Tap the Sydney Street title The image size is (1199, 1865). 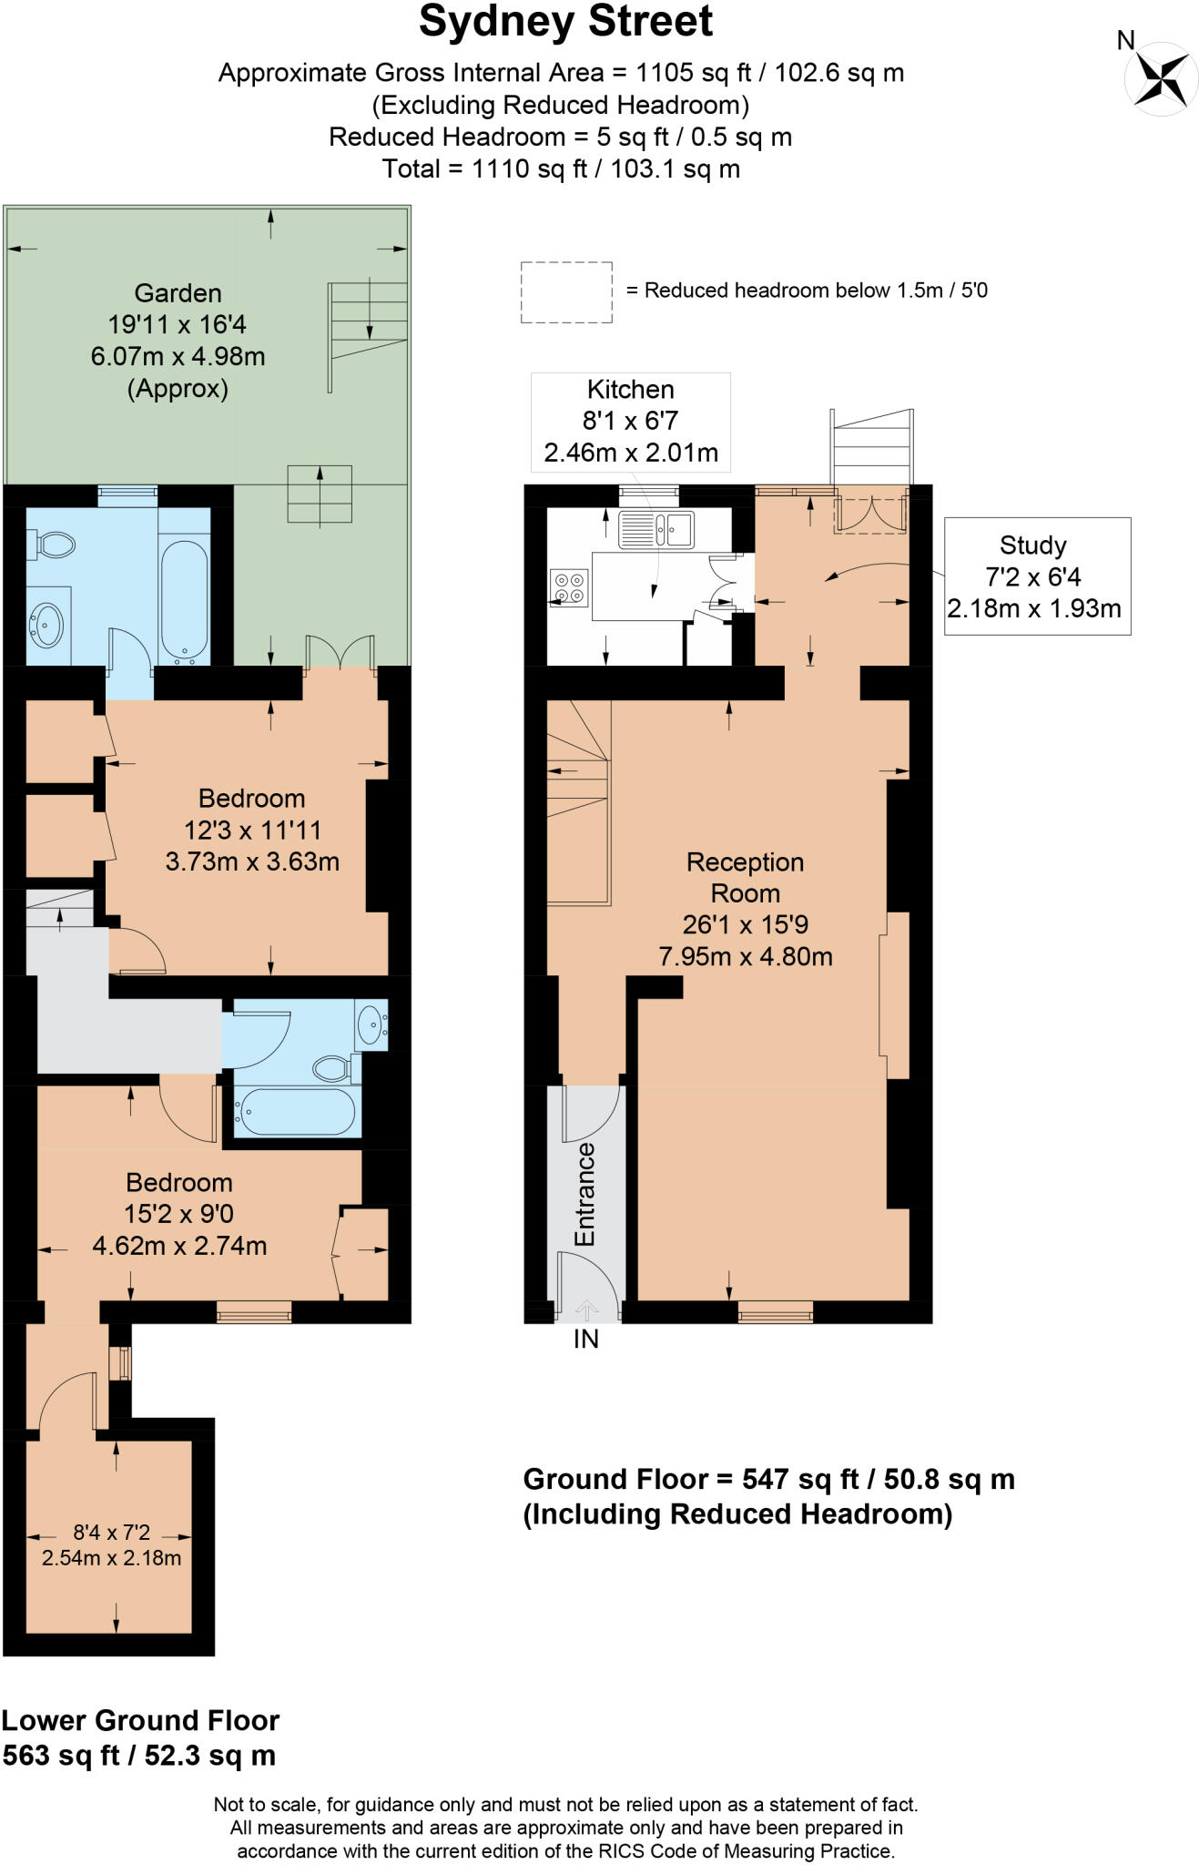[565, 22]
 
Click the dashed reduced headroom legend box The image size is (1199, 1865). [566, 292]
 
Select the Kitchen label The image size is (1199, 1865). [631, 390]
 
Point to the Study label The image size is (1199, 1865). [1032, 545]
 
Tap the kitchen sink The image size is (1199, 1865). [655, 529]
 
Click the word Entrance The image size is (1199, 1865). [584, 1195]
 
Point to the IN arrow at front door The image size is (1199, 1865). [587, 1310]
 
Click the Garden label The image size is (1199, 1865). [178, 293]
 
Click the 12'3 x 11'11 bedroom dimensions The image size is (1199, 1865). [252, 830]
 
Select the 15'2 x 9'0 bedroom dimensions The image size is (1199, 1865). [179, 1214]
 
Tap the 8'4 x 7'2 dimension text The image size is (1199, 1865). [112, 1533]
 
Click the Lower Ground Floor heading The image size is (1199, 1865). [140, 1720]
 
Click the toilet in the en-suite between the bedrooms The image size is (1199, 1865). [335, 1068]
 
